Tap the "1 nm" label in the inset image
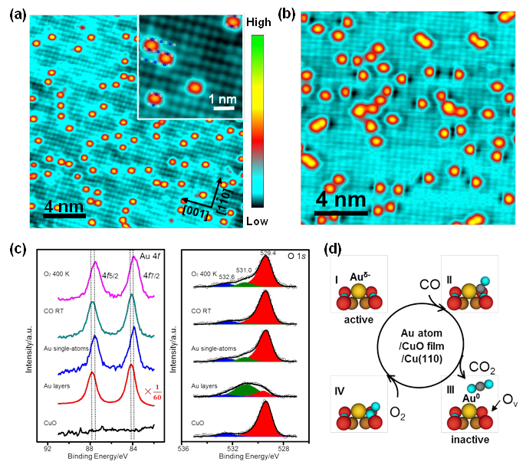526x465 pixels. [223, 100]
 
